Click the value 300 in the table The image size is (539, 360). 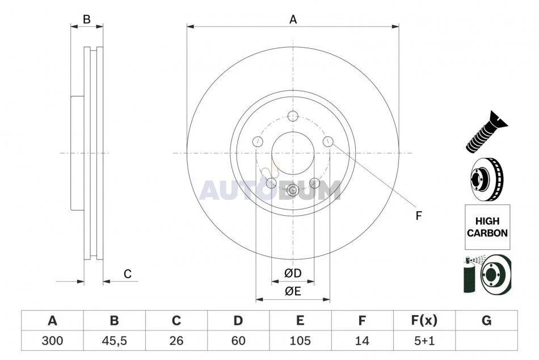click(52, 341)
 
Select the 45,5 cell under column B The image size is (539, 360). click(114, 341)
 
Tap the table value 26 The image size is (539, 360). click(176, 341)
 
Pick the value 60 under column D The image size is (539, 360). click(238, 341)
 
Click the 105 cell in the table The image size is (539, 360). click(300, 341)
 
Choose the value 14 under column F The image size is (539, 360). click(362, 341)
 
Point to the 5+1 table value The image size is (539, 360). click(424, 341)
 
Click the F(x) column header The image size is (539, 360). click(424, 321)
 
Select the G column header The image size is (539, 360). click(486, 321)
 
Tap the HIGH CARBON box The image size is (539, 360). click(487, 227)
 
